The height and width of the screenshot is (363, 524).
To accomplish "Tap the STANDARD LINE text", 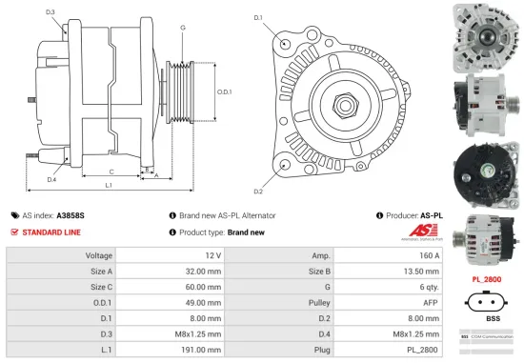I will (x=52, y=232).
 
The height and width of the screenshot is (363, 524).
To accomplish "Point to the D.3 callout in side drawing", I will (x=50, y=12).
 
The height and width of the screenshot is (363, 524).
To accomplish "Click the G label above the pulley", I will (x=182, y=28).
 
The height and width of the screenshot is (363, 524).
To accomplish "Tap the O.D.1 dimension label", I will (x=225, y=91).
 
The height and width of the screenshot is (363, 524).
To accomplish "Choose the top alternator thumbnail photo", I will (x=486, y=32).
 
